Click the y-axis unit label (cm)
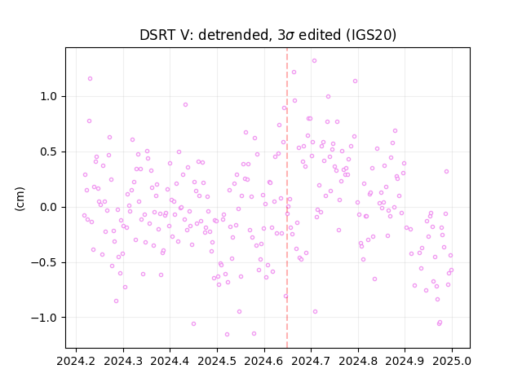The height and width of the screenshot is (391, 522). coord(20,199)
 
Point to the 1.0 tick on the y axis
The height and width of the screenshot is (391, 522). coord(49,97)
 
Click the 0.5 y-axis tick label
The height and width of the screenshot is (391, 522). coord(49,152)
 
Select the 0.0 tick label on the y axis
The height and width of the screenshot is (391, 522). coord(49,207)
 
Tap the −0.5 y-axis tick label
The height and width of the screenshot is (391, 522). coord(44,262)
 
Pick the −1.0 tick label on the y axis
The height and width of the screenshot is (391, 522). coord(44,318)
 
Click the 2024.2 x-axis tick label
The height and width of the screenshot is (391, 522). coord(76,361)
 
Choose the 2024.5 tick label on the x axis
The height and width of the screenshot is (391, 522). coord(217,361)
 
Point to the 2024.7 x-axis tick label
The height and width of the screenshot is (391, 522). coord(311,361)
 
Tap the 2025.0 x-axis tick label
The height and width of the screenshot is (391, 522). coord(452,361)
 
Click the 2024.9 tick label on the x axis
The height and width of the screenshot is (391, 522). coord(405,361)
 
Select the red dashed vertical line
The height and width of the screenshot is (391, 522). coord(287,198)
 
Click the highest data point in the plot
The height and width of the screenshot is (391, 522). coord(314,61)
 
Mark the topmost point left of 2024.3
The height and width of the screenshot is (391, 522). coord(90,79)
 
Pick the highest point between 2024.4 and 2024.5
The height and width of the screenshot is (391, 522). coord(185,105)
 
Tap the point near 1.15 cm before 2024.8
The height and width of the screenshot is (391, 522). coord(356,81)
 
